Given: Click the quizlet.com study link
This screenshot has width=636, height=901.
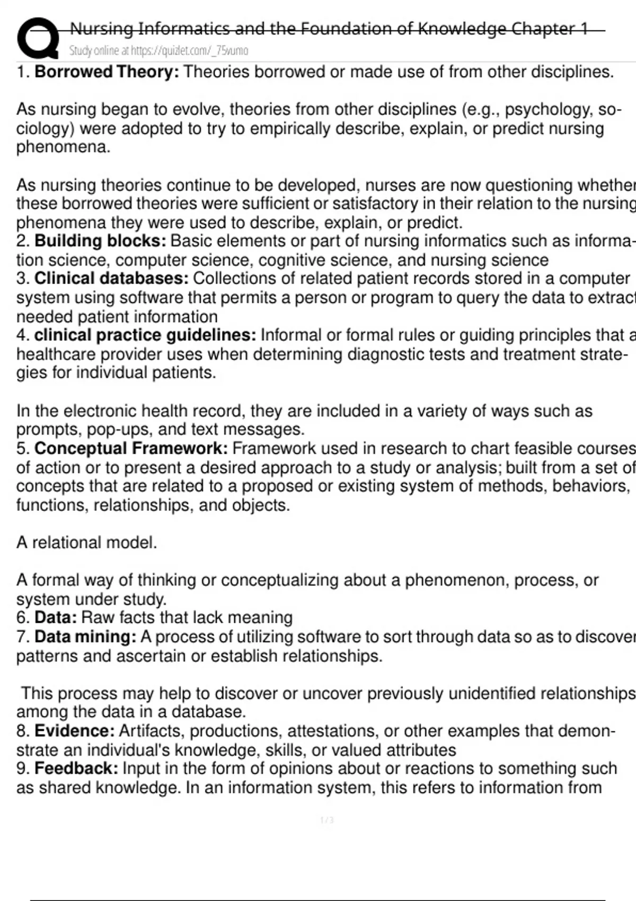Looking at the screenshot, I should coord(158,51).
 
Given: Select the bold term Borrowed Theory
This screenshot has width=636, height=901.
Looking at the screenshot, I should coord(107,72).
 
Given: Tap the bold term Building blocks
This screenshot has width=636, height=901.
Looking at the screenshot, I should coord(100,241).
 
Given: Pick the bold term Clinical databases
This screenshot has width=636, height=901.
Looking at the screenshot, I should coord(111,278).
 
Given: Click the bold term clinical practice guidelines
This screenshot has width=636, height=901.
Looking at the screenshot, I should coord(145,335).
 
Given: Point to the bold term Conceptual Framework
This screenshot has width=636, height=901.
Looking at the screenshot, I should coord(131,448).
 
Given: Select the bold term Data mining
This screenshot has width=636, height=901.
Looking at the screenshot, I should coord(85,637).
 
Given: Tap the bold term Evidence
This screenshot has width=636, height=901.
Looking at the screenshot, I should coord(74,731).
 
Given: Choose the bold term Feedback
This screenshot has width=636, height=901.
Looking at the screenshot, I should coord(76,768).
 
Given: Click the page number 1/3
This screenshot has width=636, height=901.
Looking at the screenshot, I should coord(327,820).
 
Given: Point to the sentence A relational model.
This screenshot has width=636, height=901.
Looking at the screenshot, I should coord(86,543).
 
